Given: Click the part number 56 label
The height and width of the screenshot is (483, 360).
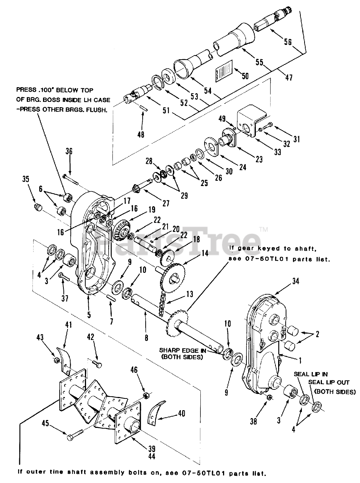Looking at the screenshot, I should click(288, 43).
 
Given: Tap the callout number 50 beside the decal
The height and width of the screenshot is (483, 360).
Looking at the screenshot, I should click(245, 76).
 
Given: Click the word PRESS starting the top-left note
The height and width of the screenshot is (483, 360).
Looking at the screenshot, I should click(26, 90).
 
